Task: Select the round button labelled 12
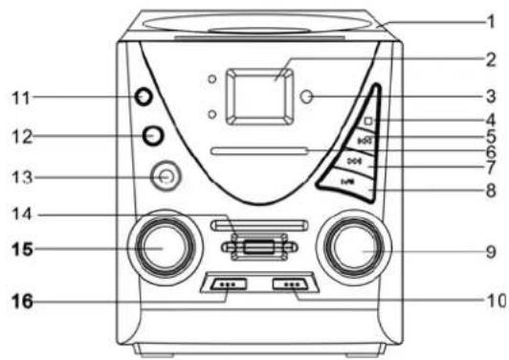152,135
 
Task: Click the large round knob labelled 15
157,246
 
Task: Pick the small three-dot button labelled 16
227,285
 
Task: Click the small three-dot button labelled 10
291,285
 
